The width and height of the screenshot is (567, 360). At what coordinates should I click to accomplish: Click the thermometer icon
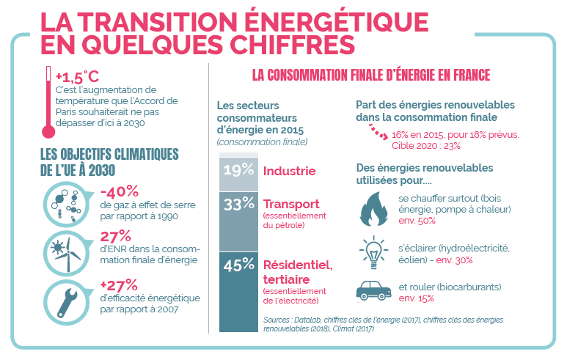click(x=49, y=102)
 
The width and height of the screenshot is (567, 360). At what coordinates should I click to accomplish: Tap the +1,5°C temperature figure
click(x=77, y=77)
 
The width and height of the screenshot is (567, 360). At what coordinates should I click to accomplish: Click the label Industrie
click(x=289, y=172)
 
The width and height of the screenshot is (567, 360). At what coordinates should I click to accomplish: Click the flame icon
click(x=373, y=207)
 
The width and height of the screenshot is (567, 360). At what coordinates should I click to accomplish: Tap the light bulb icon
click(x=373, y=251)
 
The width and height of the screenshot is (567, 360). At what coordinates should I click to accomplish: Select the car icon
click(x=373, y=292)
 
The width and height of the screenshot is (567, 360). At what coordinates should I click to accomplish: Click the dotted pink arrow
click(x=376, y=132)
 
